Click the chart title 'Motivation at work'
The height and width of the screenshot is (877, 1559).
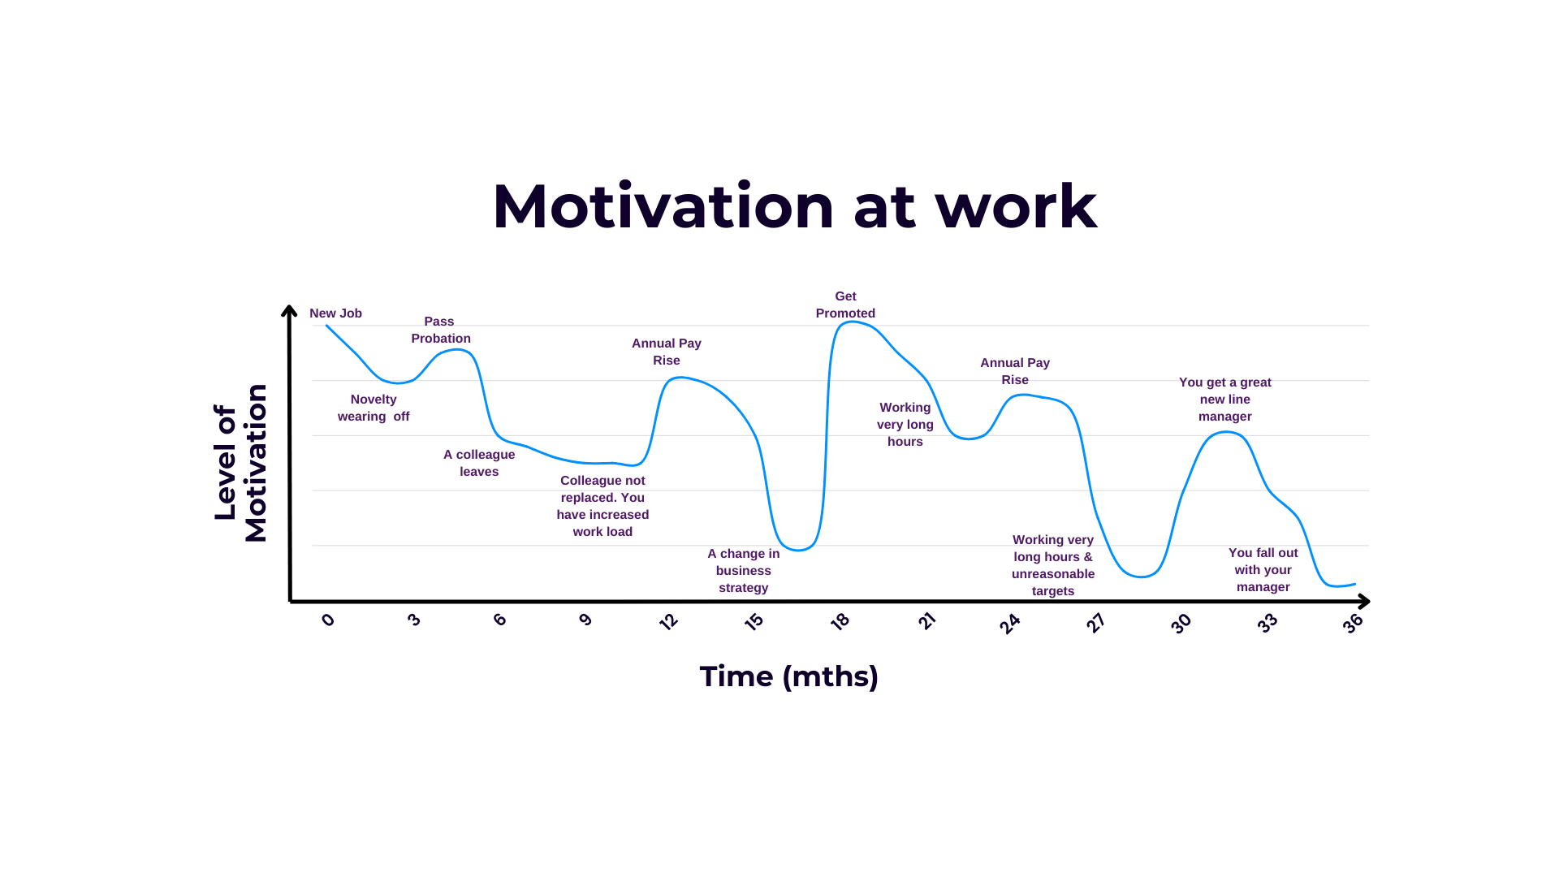pos(794,206)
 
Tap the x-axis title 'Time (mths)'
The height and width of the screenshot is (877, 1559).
pos(788,676)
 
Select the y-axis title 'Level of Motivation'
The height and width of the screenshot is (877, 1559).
pos(240,463)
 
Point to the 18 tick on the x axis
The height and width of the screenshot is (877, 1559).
pos(840,622)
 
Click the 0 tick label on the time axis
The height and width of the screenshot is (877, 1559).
pos(328,620)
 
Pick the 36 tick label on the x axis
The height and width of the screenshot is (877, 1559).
pos(1352,624)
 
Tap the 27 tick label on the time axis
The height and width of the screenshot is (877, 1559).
pos(1095,623)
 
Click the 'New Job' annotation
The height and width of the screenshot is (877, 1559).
pos(335,313)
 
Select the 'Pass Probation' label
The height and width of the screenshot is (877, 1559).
pos(440,330)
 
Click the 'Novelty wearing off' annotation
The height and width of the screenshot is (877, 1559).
pos(374,408)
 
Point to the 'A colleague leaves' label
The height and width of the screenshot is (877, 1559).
pos(479,463)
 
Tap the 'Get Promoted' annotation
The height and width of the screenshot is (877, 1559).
pos(845,305)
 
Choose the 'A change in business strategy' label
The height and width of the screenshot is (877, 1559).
pos(743,571)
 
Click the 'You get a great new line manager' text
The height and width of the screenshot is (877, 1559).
pos(1224,400)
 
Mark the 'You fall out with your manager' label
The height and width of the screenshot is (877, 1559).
pos(1263,570)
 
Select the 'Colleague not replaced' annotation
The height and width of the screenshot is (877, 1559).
pos(602,506)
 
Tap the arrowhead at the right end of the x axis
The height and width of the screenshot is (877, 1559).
pos(1364,602)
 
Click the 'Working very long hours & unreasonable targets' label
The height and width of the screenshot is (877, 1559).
pos(1053,565)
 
